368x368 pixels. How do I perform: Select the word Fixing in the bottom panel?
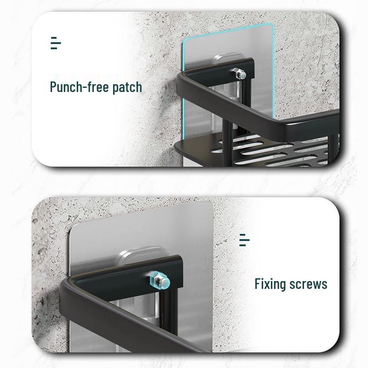pyautogui.click(x=270, y=283)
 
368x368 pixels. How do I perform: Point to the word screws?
pyautogui.click(x=308, y=284)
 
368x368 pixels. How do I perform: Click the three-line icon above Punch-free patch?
pyautogui.click(x=55, y=44)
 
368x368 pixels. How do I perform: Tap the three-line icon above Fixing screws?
pyautogui.click(x=245, y=241)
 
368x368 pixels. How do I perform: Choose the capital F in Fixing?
pyautogui.click(x=258, y=283)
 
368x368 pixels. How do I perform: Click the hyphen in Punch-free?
pyautogui.click(x=90, y=87)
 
